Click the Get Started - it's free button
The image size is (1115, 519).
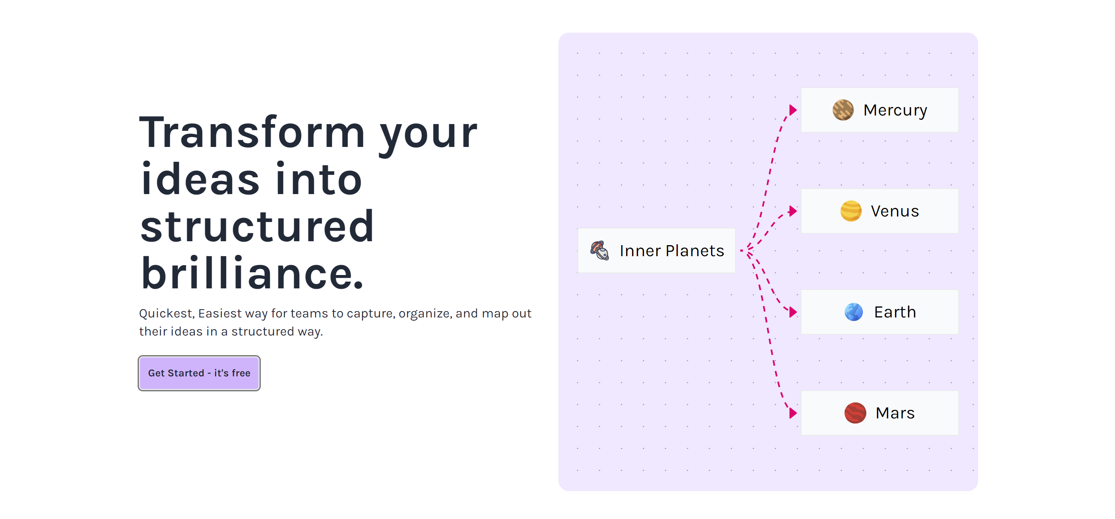point(199,373)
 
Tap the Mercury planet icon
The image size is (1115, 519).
point(843,110)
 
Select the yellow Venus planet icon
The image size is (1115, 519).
point(851,211)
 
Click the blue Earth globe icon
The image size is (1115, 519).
point(853,312)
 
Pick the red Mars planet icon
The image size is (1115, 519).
point(855,413)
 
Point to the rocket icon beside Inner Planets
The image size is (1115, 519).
point(600,250)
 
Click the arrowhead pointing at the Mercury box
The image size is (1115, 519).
point(792,110)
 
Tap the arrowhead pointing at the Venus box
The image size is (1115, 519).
point(792,211)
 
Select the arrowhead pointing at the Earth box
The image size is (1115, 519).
point(792,312)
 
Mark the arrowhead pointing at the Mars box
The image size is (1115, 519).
point(792,413)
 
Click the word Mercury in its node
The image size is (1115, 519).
point(895,110)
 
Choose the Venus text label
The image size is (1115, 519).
point(895,211)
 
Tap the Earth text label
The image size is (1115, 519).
point(895,312)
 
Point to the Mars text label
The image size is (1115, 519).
point(895,413)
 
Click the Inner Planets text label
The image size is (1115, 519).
point(672,251)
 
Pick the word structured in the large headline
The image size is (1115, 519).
point(257,226)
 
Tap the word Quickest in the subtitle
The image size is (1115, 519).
point(166,313)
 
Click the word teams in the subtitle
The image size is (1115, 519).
point(311,313)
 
